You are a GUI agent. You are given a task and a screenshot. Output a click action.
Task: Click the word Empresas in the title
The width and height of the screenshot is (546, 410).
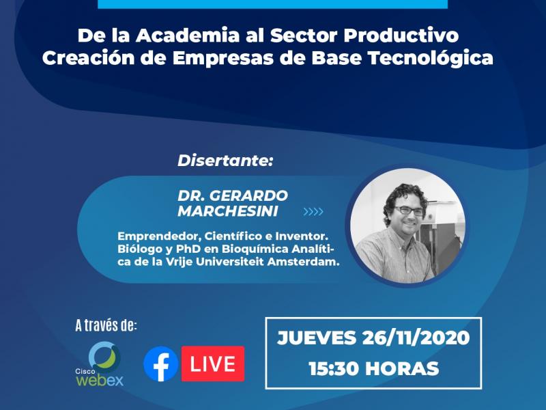coord(223,59)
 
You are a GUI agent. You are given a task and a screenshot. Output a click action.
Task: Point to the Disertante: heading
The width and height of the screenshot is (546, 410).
coord(225,161)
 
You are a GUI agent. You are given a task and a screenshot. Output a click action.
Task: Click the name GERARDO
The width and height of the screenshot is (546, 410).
coord(248,195)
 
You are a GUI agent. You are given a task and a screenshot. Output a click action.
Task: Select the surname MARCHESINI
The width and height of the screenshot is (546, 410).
coord(228,211)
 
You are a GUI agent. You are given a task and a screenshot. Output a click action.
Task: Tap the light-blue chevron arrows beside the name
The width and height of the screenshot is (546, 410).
coord(313,212)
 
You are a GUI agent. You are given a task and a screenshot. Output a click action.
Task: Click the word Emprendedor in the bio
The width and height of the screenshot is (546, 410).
coord(160,236)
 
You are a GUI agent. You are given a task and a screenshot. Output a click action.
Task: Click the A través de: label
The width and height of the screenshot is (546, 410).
coord(106,326)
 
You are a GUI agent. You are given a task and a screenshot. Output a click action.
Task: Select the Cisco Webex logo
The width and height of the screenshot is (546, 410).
coord(100,364)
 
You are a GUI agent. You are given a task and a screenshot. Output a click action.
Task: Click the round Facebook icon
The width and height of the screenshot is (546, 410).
coord(161,364)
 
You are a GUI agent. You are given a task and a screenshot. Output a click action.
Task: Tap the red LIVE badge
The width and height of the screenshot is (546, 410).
coord(213,364)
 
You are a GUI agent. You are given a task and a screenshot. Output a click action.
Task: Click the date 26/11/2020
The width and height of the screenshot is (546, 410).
coord(416,338)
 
